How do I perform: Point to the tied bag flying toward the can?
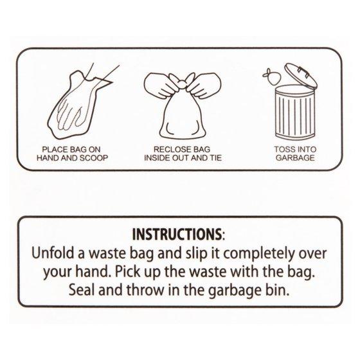pos(272,76)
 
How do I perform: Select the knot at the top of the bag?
pos(182,84)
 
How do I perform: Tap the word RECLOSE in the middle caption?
pos(168,149)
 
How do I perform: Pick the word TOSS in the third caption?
pos(283,149)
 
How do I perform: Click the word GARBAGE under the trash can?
pos(295,158)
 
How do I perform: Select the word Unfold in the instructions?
pos(54,253)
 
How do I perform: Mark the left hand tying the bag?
pos(162,85)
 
